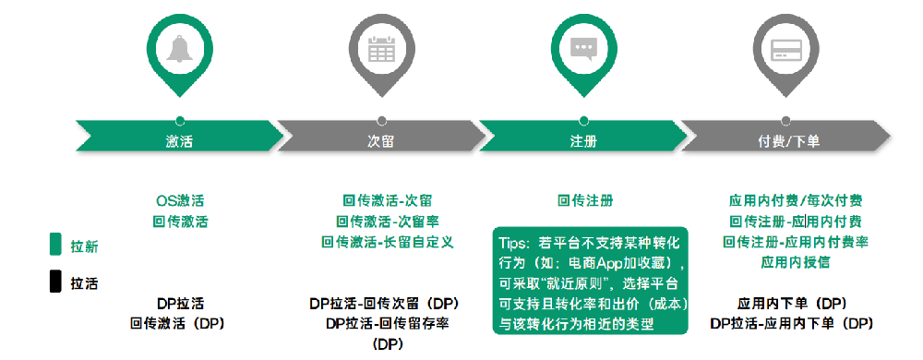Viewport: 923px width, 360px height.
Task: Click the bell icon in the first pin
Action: pyautogui.click(x=179, y=49)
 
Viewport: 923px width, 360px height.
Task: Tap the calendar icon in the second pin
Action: pyautogui.click(x=381, y=49)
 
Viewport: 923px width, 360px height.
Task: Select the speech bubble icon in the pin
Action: pyautogui.click(x=583, y=49)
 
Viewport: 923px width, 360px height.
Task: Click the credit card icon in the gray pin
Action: pyautogui.click(x=785, y=49)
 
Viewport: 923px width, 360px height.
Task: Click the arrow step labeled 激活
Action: pyautogui.click(x=179, y=140)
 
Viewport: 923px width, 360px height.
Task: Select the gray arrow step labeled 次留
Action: pyautogui.click(x=381, y=140)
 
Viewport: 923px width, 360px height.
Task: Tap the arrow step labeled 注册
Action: pyautogui.click(x=583, y=140)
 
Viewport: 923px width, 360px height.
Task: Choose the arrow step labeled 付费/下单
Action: pyautogui.click(x=785, y=140)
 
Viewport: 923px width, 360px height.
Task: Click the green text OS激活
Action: pyautogui.click(x=179, y=200)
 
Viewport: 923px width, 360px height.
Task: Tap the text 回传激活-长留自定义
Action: pyautogui.click(x=386, y=242)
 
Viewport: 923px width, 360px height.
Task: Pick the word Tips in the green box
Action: pyautogui.click(x=516, y=242)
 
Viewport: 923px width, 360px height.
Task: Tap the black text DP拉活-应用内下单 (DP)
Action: pyautogui.click(x=792, y=323)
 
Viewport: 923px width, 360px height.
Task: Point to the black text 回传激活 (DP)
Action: pyautogui.click(x=179, y=323)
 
